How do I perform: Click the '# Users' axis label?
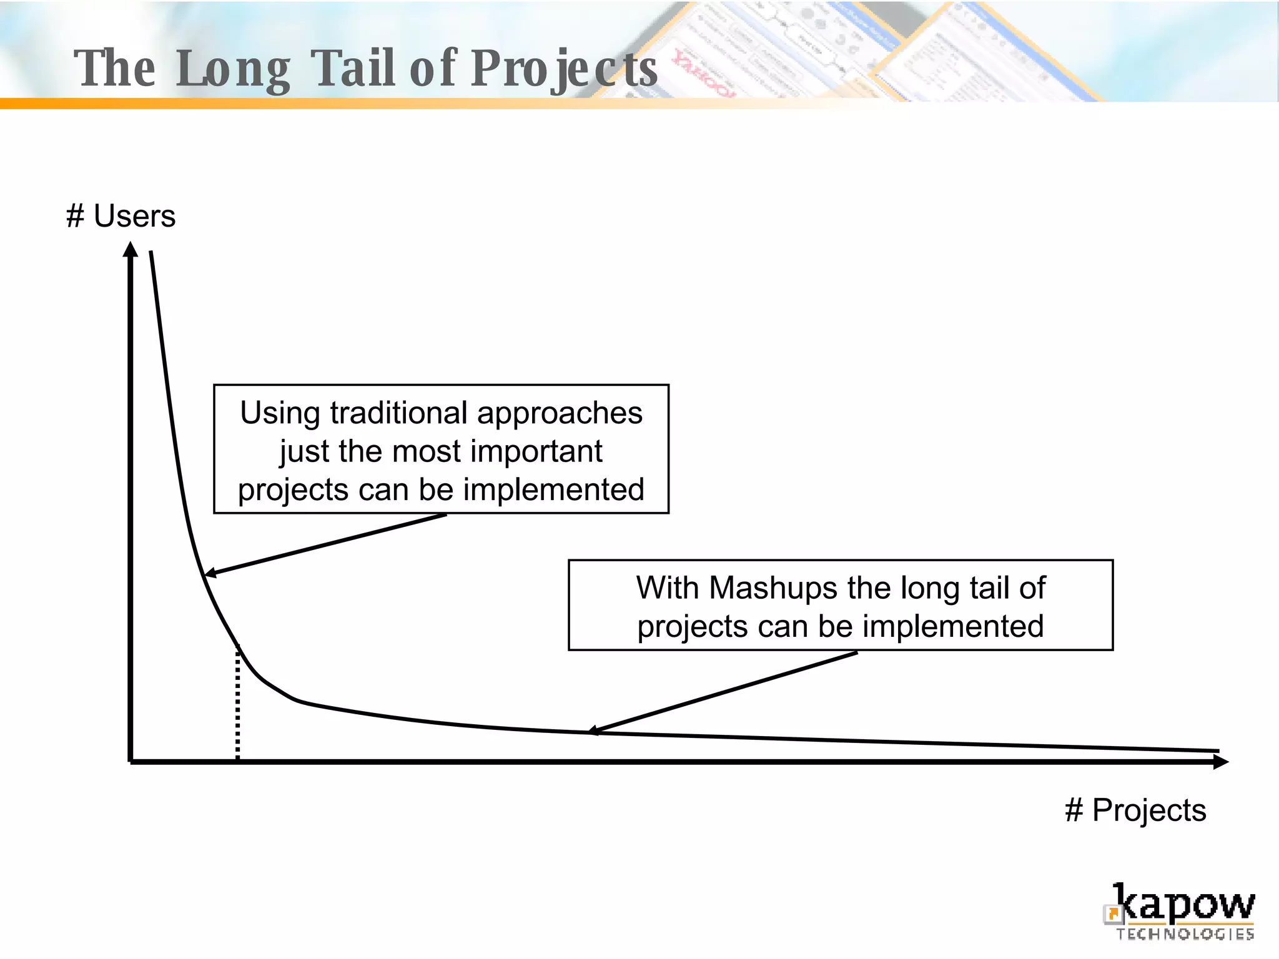121,217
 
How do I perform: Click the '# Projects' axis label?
1135,810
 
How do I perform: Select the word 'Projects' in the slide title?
564,69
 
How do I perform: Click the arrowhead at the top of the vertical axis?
131,250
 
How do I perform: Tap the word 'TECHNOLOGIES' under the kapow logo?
1185,934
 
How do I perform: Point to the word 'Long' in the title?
233,69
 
